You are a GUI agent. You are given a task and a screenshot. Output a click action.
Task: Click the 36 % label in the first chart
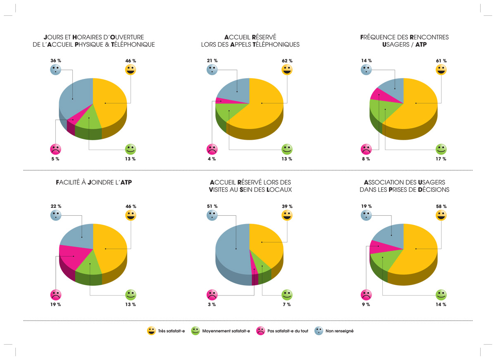pos(56,60)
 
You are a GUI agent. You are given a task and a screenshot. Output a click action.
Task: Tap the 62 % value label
pos(287,60)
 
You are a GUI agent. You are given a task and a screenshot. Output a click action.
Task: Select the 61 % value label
pos(441,60)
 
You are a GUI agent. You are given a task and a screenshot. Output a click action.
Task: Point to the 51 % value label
pos(212,206)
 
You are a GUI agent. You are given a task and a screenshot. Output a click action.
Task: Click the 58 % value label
pos(441,206)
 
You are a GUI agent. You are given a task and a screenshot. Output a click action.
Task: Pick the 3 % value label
pos(212,304)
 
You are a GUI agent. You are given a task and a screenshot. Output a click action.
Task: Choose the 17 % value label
pos(441,159)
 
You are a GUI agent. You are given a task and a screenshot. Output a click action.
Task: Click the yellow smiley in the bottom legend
pos(151,331)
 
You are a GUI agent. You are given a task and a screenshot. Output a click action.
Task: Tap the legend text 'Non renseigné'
pos(339,331)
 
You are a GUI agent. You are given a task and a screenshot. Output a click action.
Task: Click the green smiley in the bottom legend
pos(195,331)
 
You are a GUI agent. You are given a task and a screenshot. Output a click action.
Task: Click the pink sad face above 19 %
pos(56,295)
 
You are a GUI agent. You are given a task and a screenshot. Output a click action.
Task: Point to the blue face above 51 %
pos(212,215)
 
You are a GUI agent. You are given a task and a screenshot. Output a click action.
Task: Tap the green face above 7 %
pos(287,295)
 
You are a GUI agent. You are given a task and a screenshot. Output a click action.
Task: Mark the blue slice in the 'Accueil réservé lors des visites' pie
pos(231,252)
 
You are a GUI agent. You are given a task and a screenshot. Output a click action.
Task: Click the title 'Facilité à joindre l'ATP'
pos(93,182)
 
